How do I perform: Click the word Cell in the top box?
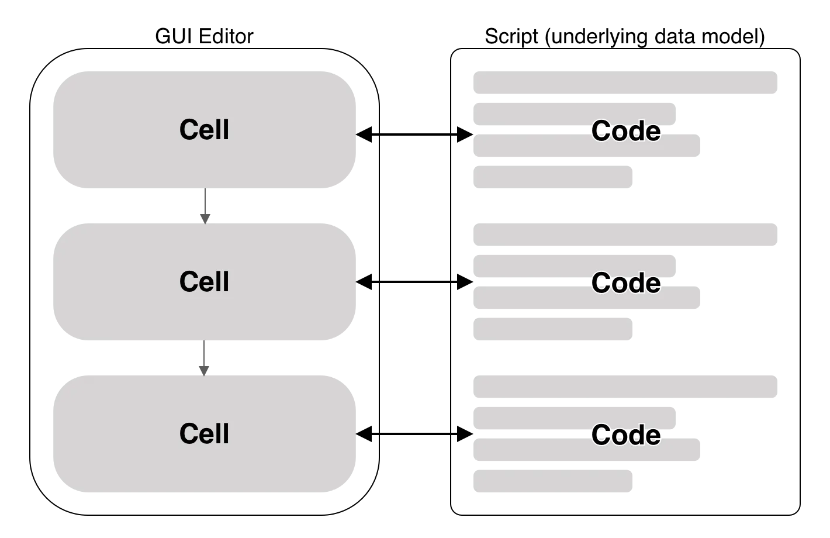coord(204,130)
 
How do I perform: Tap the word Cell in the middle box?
coord(204,282)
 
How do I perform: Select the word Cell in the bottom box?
coord(204,434)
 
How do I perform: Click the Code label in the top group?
coord(626,131)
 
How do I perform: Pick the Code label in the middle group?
coord(626,283)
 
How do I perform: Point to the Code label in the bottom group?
coord(626,435)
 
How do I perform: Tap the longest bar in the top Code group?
coord(625,84)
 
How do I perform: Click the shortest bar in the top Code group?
coord(553,178)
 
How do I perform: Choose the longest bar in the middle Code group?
coord(625,234)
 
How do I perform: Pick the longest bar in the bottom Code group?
coord(625,388)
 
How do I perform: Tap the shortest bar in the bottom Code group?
coord(553,481)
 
